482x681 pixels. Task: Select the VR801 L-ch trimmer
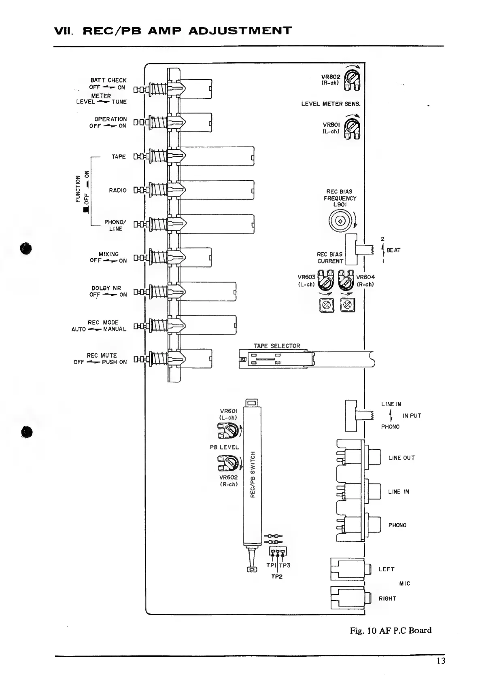(x=352, y=127)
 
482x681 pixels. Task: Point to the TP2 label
(x=277, y=577)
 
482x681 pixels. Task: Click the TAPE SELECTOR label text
(x=277, y=346)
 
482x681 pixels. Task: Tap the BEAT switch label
(x=393, y=250)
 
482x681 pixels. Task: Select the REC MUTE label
(x=102, y=355)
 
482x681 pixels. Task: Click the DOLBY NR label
(x=106, y=288)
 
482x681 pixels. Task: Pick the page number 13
(x=441, y=661)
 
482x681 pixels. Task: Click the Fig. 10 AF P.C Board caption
(x=391, y=630)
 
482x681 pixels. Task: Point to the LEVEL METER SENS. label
(x=331, y=104)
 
